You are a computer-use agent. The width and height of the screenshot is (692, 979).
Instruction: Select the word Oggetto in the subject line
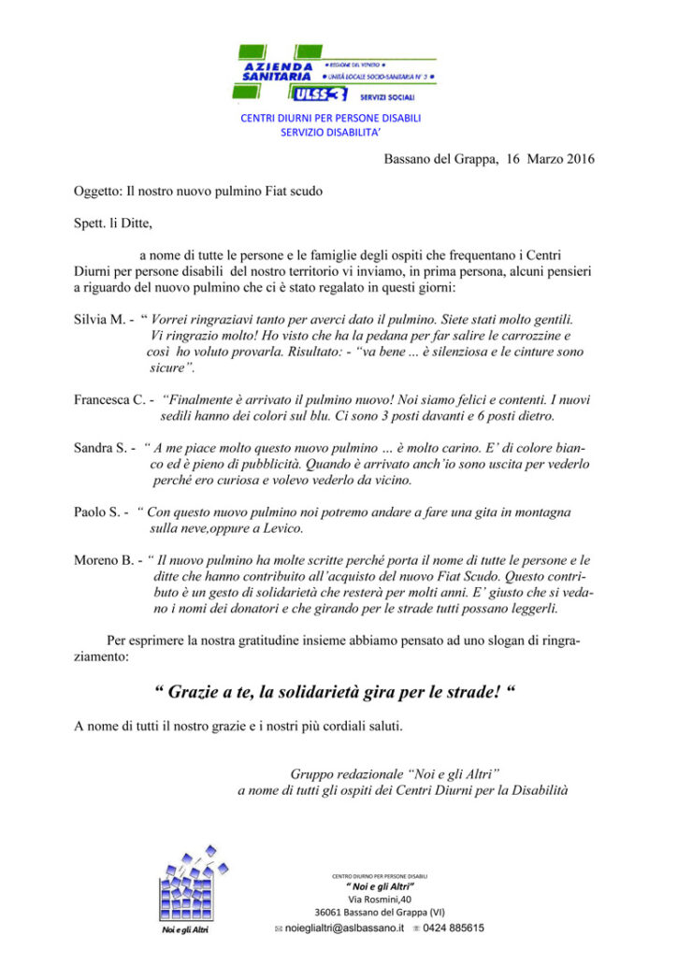point(97,192)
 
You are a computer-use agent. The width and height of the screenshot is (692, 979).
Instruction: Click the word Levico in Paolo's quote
point(282,528)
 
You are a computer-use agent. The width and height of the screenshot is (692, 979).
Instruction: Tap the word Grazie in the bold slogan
point(196,693)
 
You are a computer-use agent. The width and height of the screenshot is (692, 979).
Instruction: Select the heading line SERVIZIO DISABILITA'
point(331,133)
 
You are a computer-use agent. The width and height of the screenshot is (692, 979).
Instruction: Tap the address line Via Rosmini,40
point(380,899)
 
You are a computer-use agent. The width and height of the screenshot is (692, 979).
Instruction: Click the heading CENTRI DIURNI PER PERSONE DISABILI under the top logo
point(331,119)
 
